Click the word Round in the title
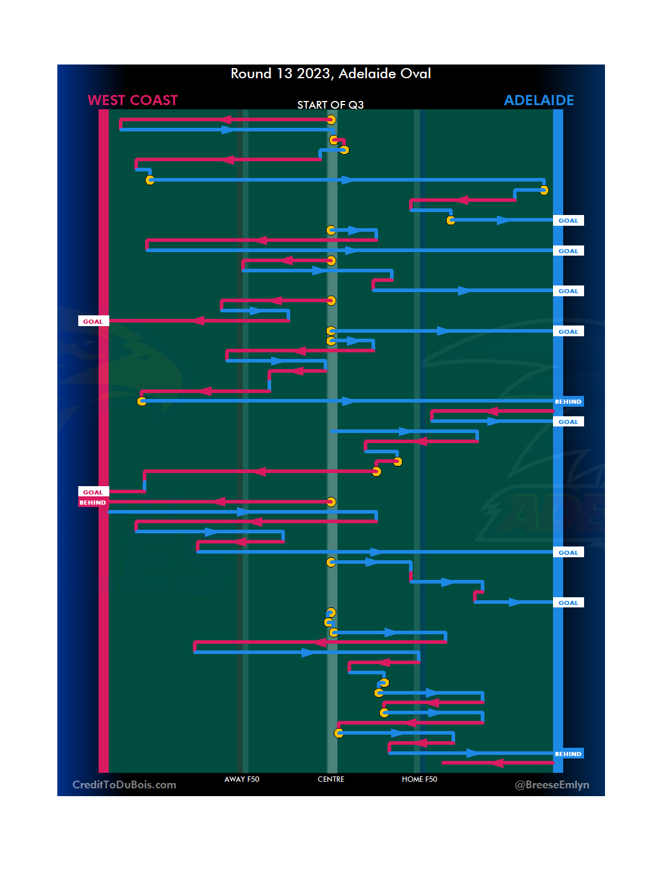[251, 73]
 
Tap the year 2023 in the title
[314, 73]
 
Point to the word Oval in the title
[416, 73]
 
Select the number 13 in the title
[284, 73]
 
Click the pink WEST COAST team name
[133, 100]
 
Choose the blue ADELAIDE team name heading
[539, 100]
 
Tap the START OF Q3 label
[330, 105]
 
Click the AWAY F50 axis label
[242, 779]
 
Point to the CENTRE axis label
[331, 779]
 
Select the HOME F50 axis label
[419, 779]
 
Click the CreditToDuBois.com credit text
[124, 785]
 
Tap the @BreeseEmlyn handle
[552, 785]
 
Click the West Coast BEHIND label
[93, 503]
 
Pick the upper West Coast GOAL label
[93, 321]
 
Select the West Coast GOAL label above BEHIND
[93, 492]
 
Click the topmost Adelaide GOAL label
[568, 220]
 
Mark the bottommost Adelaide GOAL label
[568, 603]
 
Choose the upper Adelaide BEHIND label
[568, 401]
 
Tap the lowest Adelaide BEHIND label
[568, 754]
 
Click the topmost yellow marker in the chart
[331, 119]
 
